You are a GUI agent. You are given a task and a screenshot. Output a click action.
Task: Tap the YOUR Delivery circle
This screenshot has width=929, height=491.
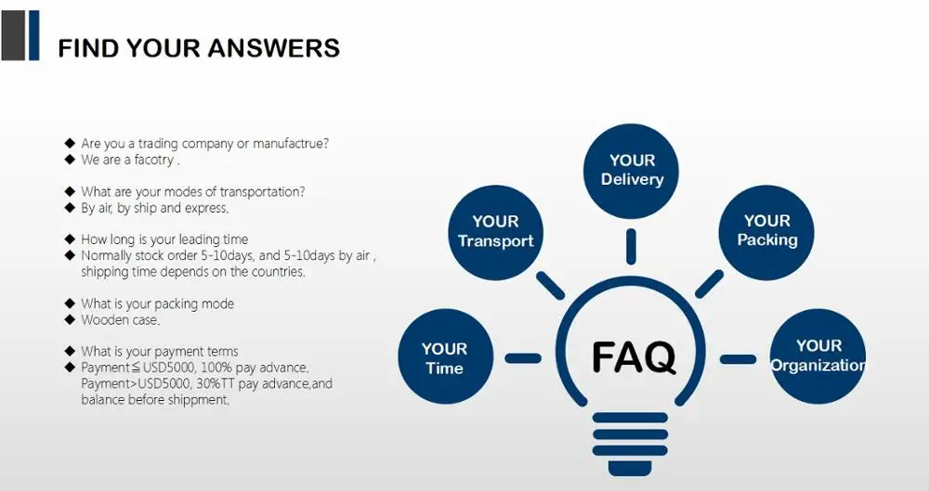pos(632,170)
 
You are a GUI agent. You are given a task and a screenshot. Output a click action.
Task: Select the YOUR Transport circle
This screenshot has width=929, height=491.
pos(495,230)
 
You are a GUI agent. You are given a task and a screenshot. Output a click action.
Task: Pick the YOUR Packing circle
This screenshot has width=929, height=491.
pos(766,230)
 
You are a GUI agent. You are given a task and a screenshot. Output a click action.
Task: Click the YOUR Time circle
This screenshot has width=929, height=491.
pos(444,357)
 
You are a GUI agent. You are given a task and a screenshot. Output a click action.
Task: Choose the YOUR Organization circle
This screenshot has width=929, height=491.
pos(818,355)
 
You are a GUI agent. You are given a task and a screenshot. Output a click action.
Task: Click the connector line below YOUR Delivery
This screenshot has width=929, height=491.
pos(632,245)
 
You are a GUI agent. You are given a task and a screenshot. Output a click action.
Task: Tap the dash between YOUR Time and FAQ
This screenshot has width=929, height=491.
pos(522,358)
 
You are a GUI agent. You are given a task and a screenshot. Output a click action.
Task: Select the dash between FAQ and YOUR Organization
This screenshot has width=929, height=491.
pos(739,359)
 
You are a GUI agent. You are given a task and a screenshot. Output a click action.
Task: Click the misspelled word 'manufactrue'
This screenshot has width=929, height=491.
pos(294,144)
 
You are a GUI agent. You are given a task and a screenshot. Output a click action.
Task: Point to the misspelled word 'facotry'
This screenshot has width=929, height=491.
pos(152,160)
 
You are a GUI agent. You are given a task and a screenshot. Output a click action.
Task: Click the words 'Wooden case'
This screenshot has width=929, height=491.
pos(120,320)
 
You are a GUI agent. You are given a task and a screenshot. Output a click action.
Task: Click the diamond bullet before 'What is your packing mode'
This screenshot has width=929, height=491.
pos(70,304)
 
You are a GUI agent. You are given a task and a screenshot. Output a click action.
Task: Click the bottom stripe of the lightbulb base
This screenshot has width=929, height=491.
pos(631,463)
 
